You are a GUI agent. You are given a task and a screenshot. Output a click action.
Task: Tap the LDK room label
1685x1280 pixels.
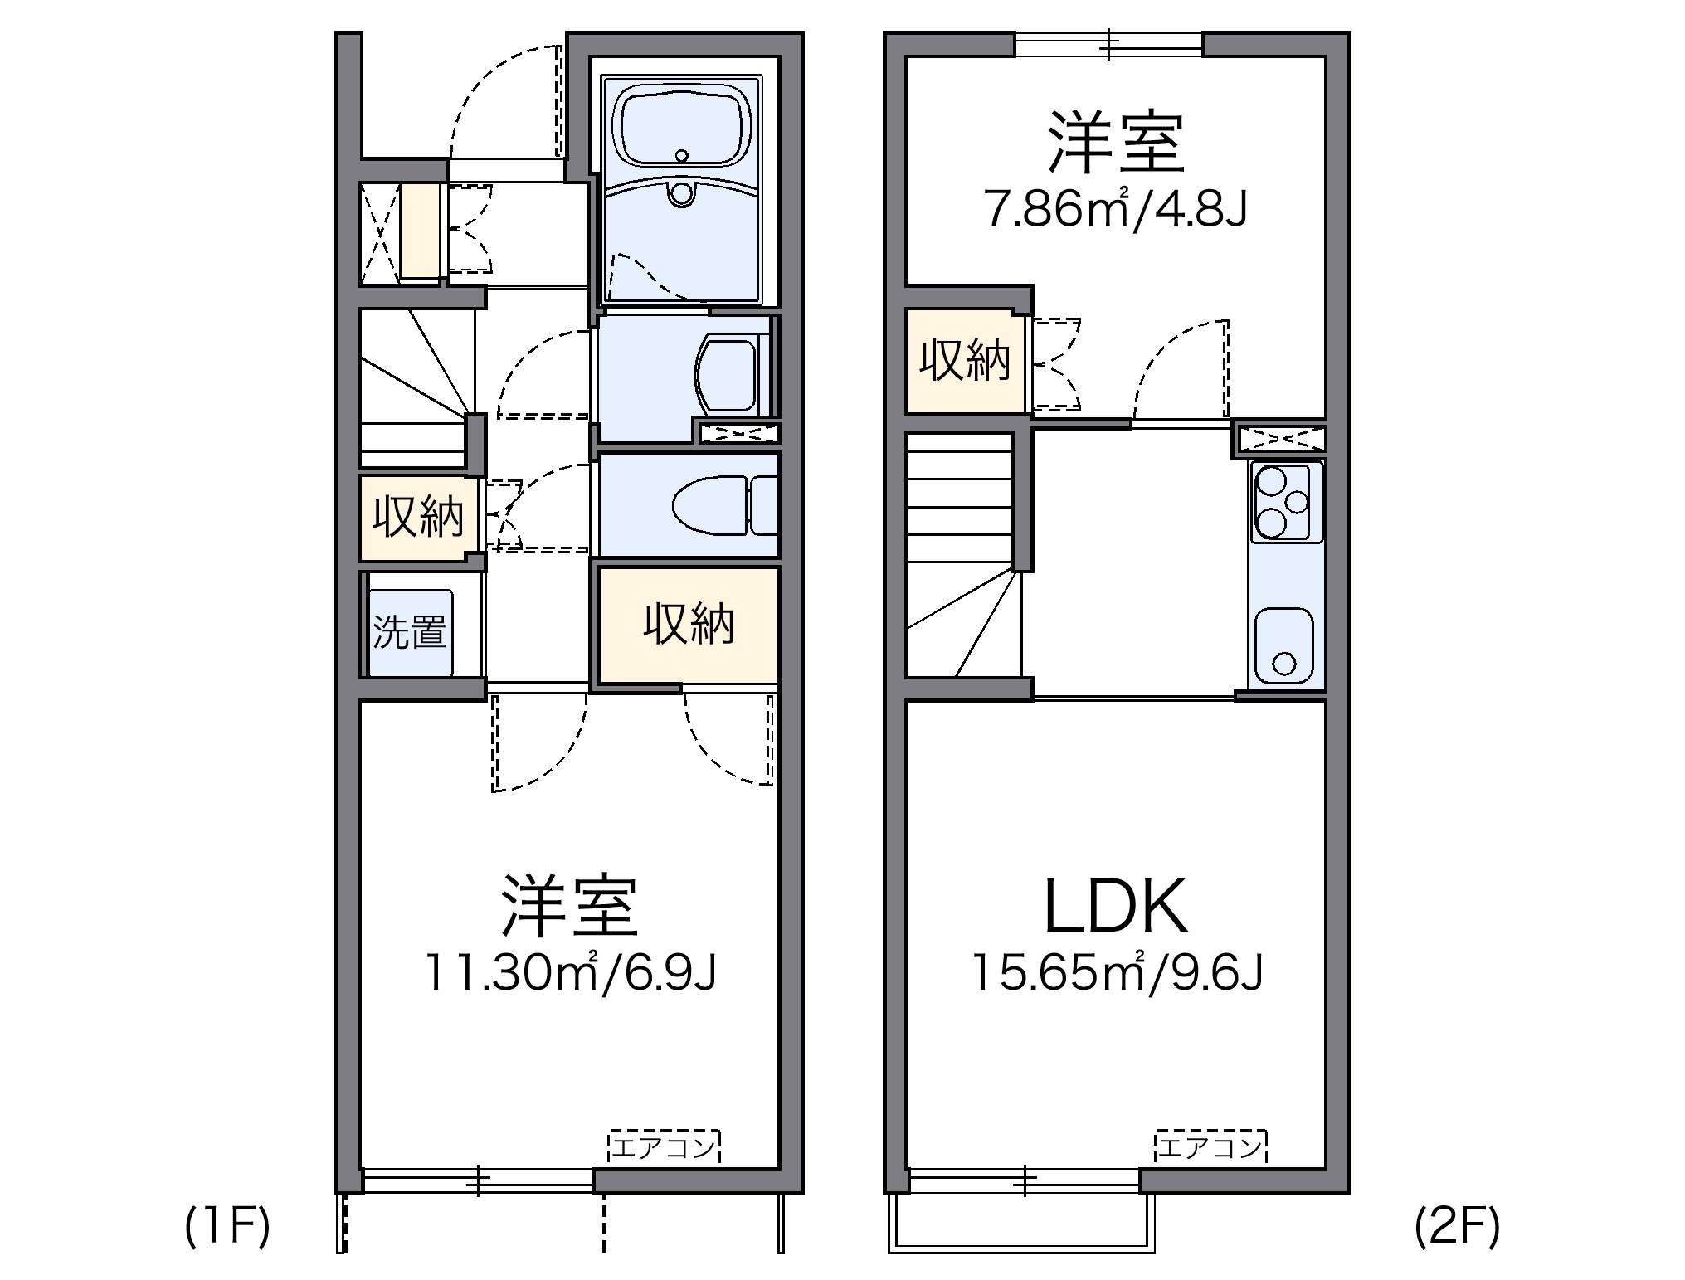pos(1115,907)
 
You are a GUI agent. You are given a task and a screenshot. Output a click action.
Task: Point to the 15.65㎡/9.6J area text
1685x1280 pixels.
pos(1116,972)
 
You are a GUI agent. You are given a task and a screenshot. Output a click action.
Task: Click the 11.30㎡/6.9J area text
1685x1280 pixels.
pos(570,972)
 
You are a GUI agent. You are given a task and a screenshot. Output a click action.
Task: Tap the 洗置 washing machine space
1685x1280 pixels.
pos(410,632)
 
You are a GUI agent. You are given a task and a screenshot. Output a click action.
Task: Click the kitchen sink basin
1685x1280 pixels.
pos(1283,648)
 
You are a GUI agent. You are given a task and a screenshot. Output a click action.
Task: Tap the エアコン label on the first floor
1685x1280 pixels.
pos(665,1147)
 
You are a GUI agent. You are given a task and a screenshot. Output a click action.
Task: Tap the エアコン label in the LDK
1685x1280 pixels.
pos(1210,1147)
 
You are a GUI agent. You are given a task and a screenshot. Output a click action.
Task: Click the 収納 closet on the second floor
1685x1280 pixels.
pos(965,361)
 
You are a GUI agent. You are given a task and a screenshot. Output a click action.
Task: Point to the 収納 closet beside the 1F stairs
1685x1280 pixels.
pos(417,518)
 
